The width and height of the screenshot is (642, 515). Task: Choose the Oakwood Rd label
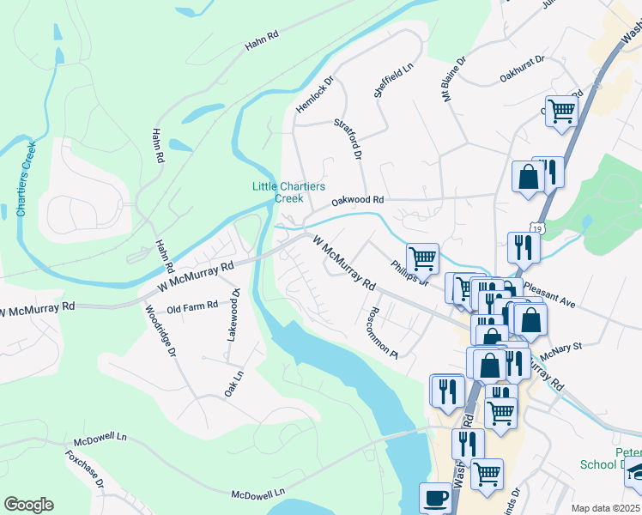pos(358,201)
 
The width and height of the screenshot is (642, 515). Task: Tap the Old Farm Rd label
pos(192,306)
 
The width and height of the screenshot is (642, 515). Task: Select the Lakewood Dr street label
pos(232,315)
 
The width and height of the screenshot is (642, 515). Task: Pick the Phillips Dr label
pos(409,273)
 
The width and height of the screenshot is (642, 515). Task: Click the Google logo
pos(28,505)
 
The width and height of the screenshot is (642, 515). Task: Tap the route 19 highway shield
pos(536,229)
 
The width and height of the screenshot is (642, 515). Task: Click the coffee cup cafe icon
pos(435,498)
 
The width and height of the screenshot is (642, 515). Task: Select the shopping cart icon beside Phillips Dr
pos(422,257)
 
